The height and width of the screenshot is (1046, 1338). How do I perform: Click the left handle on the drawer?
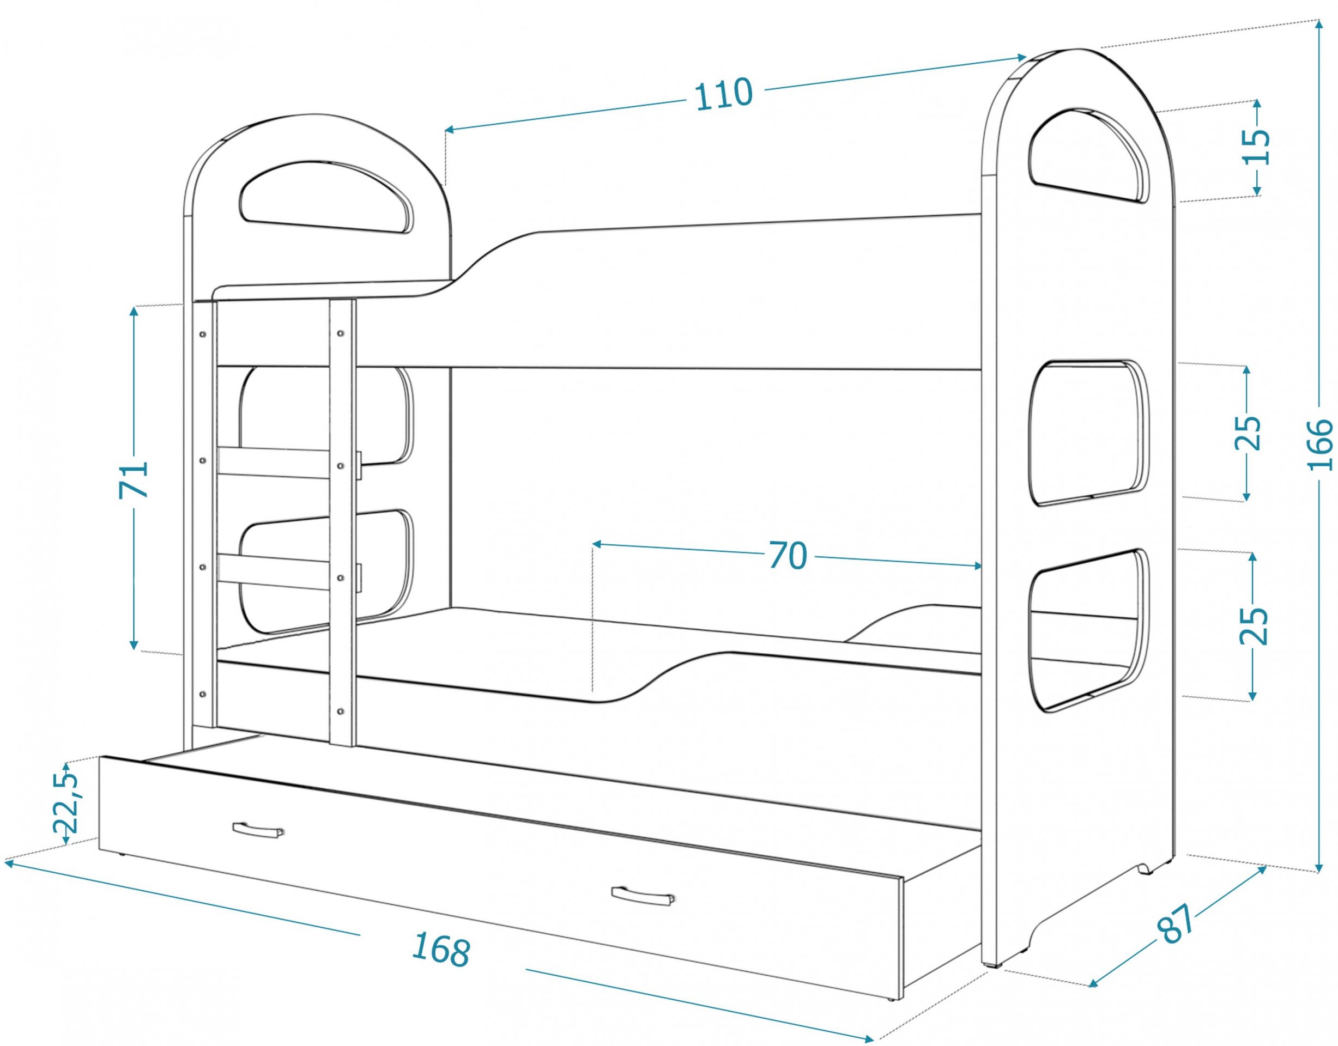(x=258, y=829)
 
